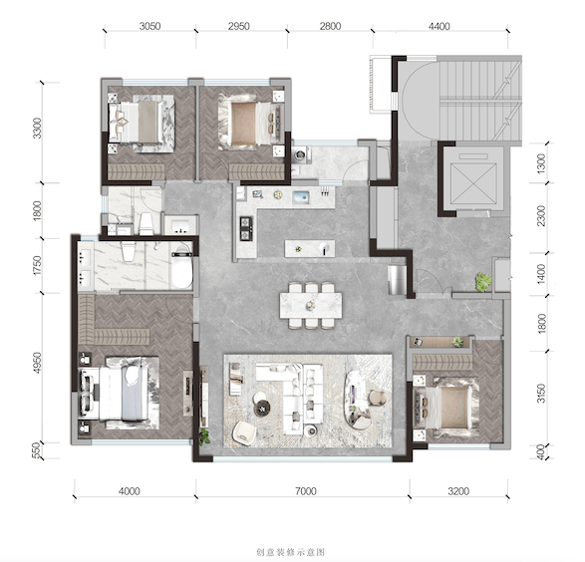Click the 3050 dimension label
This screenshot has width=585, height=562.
pyautogui.click(x=149, y=26)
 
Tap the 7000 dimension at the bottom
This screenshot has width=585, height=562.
pyautogui.click(x=306, y=491)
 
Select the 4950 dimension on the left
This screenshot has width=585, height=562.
pyautogui.click(x=37, y=363)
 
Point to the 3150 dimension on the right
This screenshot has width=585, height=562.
pyautogui.click(x=541, y=394)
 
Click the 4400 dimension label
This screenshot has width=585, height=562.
pyautogui.click(x=439, y=26)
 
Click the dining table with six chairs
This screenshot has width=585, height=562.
pyautogui.click(x=311, y=306)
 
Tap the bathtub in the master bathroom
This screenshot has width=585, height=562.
pyautogui.click(x=182, y=266)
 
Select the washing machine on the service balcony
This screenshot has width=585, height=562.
pyautogui.click(x=302, y=154)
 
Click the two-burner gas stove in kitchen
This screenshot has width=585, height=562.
pyautogui.click(x=246, y=227)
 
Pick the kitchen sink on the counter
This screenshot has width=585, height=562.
pyautogui.click(x=302, y=197)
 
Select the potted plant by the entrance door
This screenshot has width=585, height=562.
pyautogui.click(x=482, y=282)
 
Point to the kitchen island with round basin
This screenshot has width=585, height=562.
pyautogui.click(x=310, y=249)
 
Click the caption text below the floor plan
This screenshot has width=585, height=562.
pyautogui.click(x=291, y=552)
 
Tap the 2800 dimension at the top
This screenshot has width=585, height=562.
pyautogui.click(x=330, y=26)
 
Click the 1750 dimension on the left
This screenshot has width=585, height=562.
pyautogui.click(x=37, y=265)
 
